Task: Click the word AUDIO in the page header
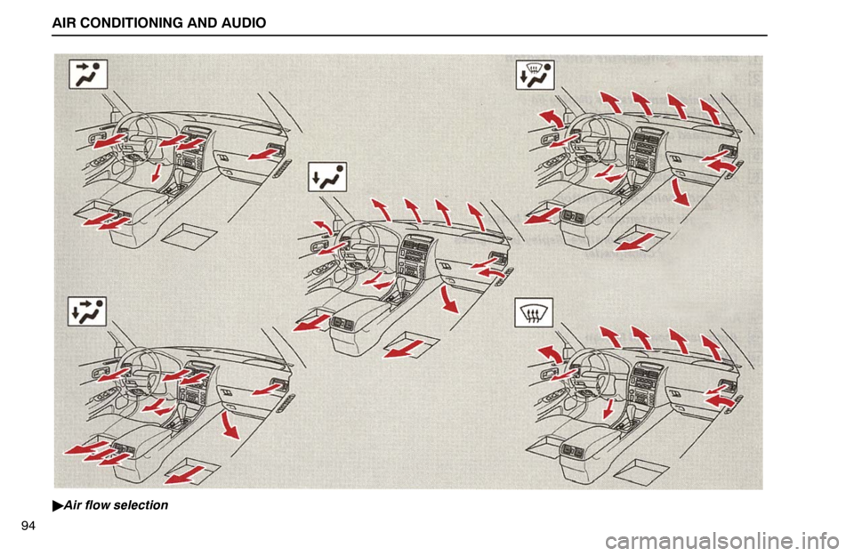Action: point(244,23)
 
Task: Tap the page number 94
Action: point(28,526)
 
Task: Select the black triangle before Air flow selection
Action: point(58,506)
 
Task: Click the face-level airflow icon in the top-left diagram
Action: point(88,74)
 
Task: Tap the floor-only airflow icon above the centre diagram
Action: point(327,177)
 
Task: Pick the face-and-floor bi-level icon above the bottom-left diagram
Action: point(87,311)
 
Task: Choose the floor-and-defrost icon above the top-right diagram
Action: point(536,75)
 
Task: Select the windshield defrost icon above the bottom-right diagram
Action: point(535,312)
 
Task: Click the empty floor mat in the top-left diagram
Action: point(190,236)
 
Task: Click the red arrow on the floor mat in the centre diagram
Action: point(407,349)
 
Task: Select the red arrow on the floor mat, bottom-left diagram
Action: point(185,474)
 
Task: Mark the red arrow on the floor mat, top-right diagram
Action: point(636,241)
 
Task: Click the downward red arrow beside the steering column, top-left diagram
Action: point(157,173)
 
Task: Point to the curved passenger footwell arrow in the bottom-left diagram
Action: point(230,425)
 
